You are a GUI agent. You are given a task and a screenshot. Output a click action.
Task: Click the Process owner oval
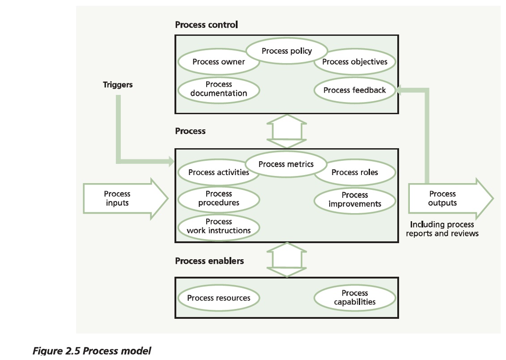coord(218,62)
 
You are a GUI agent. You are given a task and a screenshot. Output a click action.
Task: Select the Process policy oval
coord(286,51)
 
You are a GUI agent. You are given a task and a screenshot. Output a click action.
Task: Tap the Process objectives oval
coord(355,62)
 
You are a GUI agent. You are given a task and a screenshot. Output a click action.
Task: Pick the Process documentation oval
coord(218,89)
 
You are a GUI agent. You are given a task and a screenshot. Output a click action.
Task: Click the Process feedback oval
coord(354,90)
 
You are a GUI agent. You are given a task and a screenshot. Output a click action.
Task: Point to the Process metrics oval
coord(286,164)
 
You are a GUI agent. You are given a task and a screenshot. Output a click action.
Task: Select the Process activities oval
coord(218,172)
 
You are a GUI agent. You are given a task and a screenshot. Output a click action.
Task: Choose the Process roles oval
coord(354,172)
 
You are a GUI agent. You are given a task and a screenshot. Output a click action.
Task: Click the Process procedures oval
coord(218,198)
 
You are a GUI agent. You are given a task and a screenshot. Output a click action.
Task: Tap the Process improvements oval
coord(354,200)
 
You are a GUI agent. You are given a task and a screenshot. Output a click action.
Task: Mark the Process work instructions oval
coord(218,226)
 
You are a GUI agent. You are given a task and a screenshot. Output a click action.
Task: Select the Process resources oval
coord(218,298)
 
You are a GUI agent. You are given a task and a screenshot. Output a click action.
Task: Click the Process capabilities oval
coord(354,298)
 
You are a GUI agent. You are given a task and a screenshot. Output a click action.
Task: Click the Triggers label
coord(118,85)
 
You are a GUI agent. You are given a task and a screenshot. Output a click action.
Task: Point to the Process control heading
coord(206,25)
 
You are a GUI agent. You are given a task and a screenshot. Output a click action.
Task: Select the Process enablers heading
coord(209,261)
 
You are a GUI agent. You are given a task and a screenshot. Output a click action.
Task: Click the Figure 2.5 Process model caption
coord(92,350)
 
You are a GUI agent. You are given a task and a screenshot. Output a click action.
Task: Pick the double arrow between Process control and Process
coord(286,131)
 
